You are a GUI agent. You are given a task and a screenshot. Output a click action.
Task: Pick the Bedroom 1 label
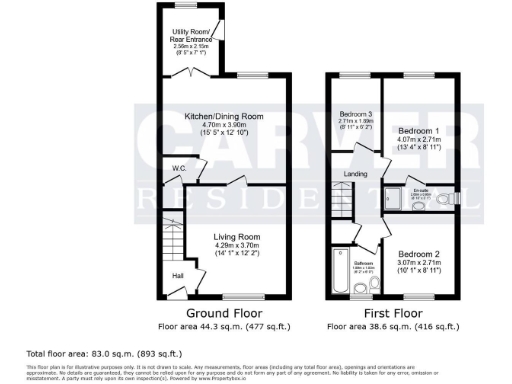point(418,131)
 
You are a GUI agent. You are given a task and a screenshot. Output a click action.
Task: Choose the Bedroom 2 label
point(418,254)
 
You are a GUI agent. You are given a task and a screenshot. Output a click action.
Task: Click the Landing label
point(356,175)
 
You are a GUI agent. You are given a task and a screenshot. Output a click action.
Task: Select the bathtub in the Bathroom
point(337,273)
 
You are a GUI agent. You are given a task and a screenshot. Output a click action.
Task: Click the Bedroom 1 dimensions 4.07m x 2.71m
point(418,141)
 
